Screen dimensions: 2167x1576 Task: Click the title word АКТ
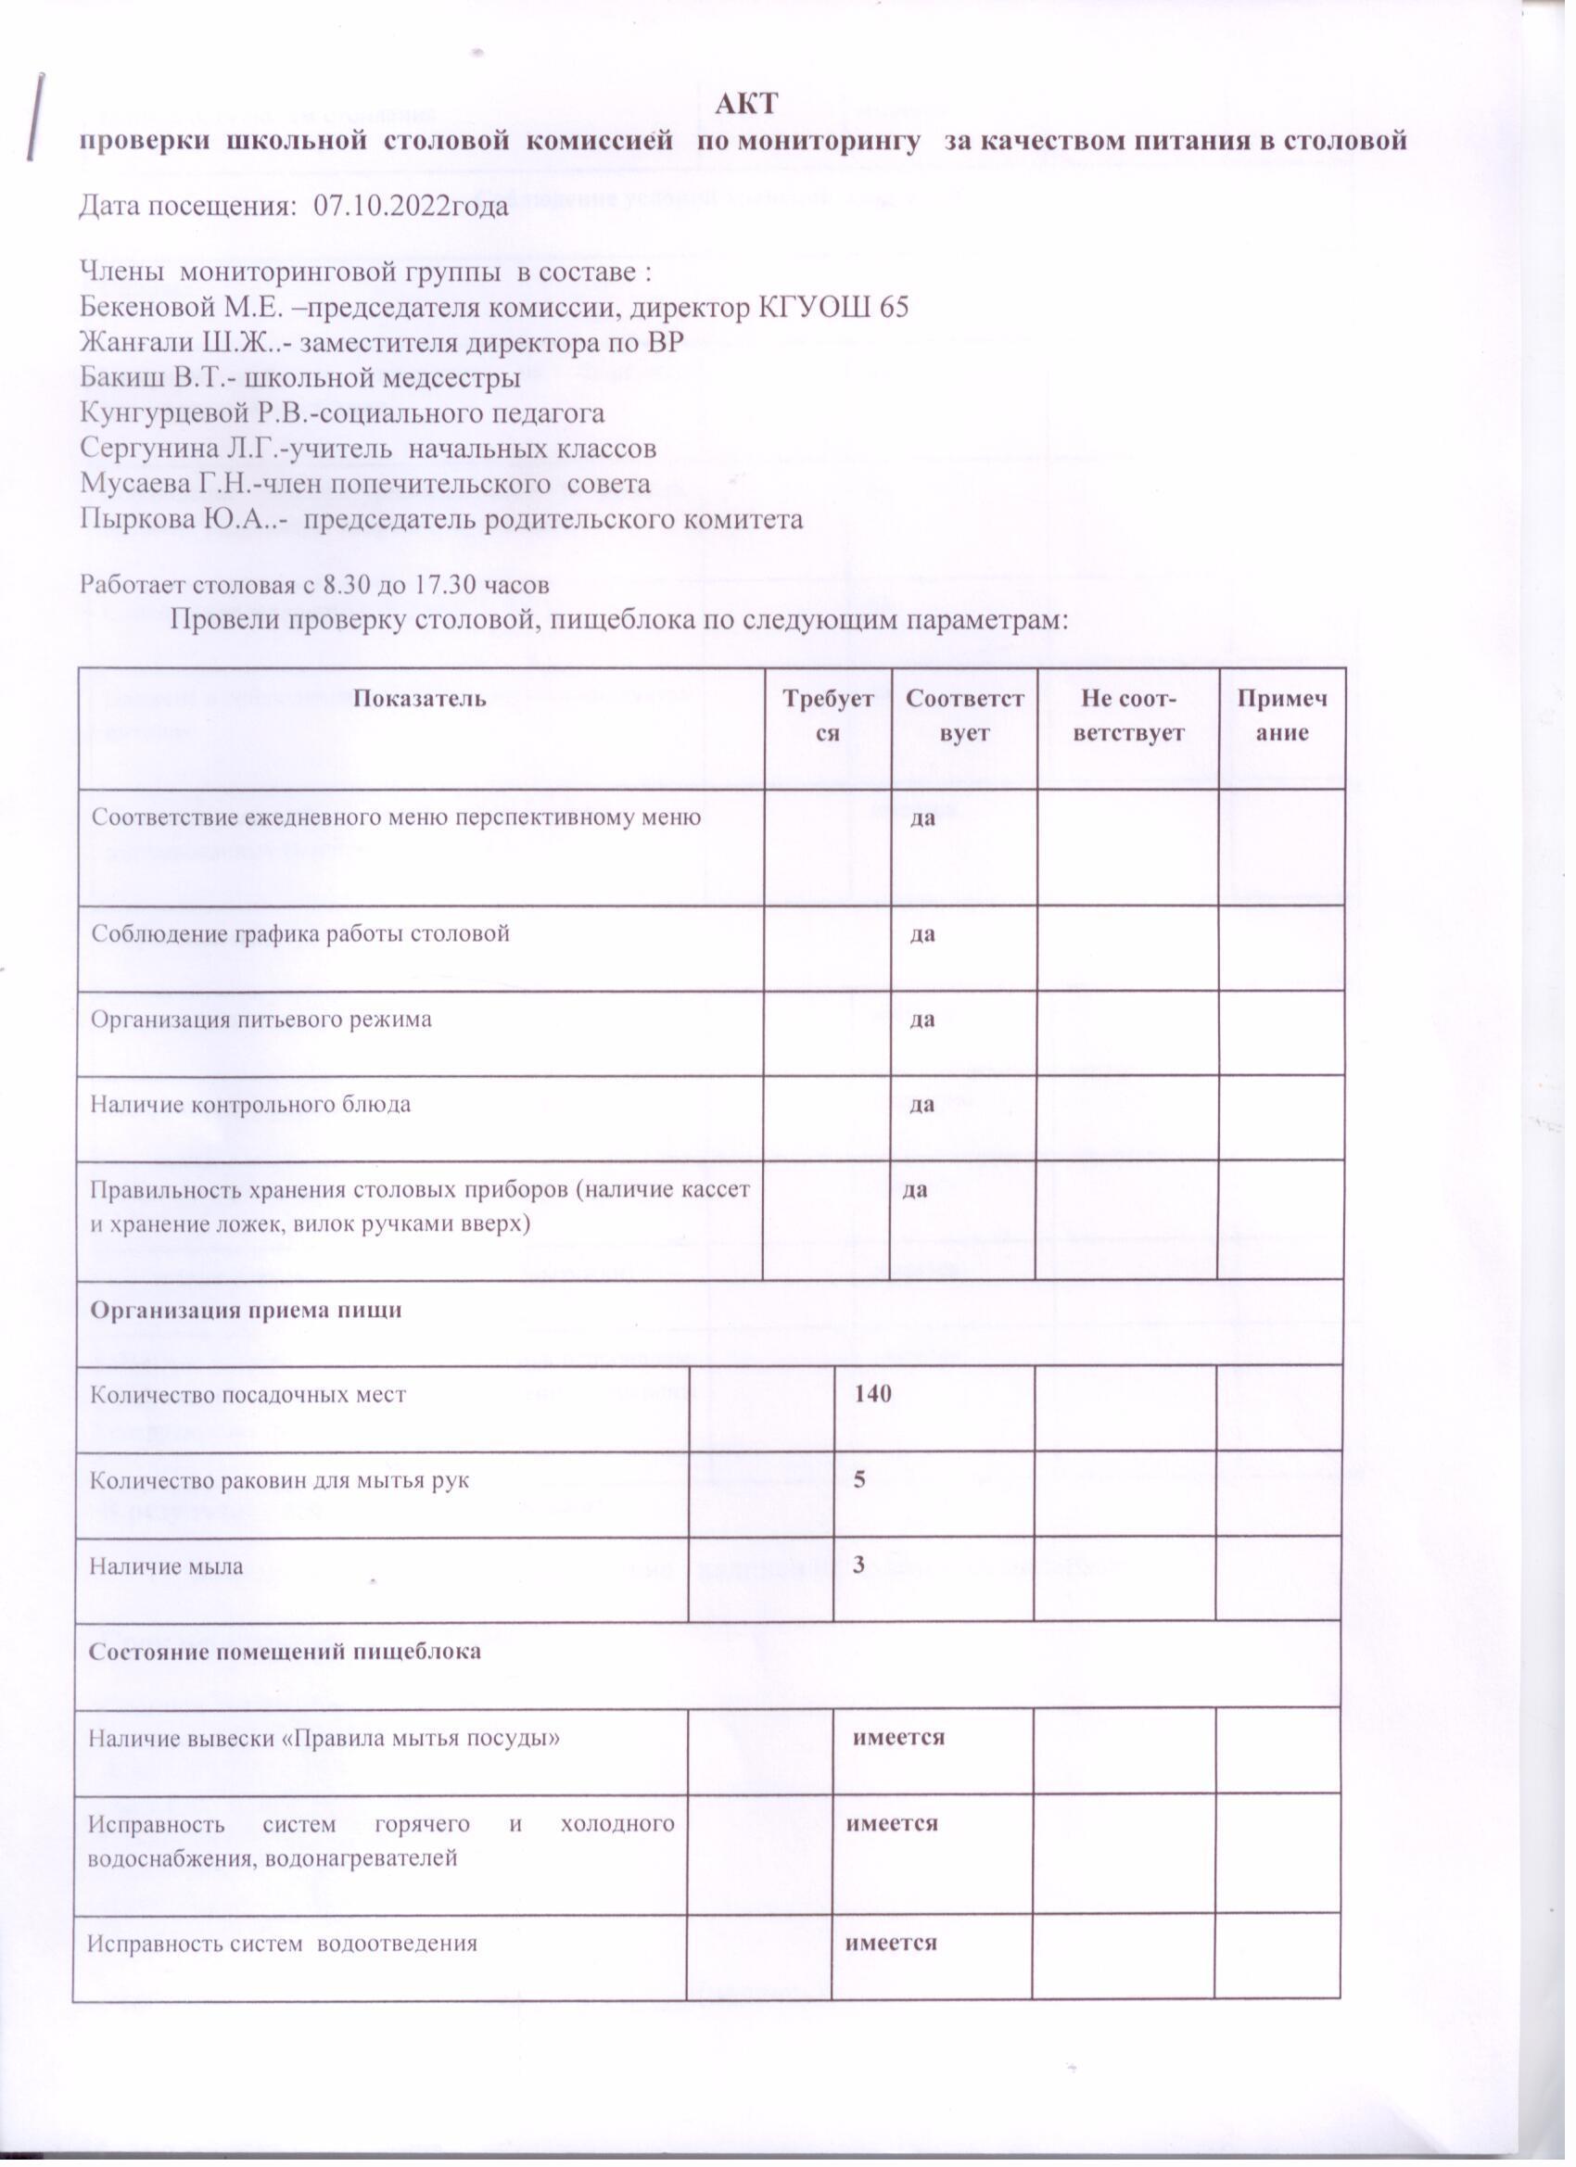[754, 102]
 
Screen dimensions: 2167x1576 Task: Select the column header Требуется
[828, 713]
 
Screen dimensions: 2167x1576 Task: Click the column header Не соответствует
[1127, 713]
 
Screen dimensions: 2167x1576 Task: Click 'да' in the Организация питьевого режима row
[921, 1019]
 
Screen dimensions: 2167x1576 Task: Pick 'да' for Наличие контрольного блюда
[921, 1105]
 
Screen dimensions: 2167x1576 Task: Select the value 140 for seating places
[873, 1394]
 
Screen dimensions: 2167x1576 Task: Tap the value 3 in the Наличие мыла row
[859, 1565]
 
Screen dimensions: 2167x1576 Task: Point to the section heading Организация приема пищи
[246, 1310]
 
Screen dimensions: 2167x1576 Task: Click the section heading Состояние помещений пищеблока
[285, 1651]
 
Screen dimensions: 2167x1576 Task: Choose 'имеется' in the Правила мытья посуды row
[898, 1737]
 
